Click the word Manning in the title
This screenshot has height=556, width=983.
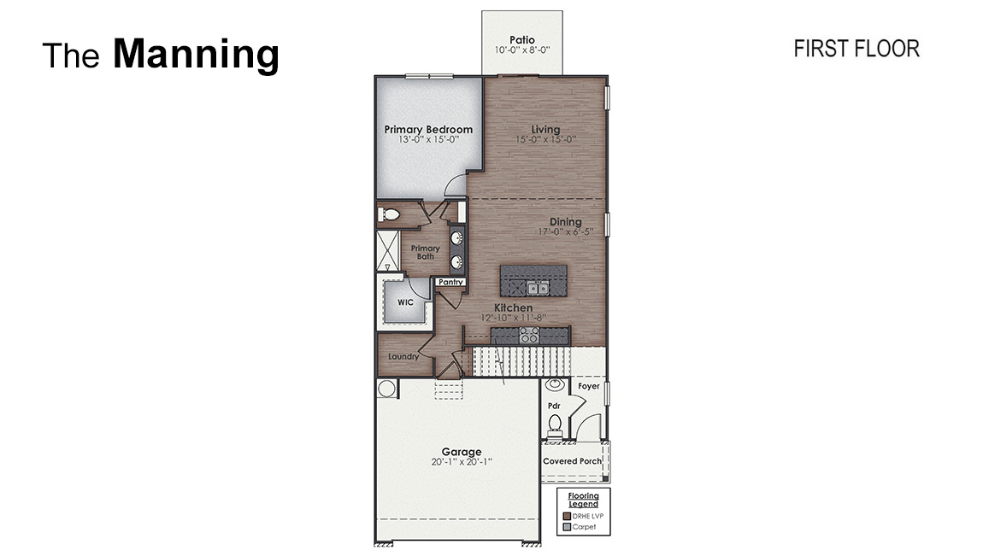(196, 55)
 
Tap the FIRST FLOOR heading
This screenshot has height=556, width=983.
(856, 49)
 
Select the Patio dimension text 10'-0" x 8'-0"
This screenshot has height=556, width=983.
(521, 50)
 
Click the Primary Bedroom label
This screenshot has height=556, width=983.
(428, 130)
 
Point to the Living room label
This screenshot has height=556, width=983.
(545, 130)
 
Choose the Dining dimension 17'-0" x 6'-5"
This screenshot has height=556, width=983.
(565, 231)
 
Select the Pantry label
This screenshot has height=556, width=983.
(450, 282)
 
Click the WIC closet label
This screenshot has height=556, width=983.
(404, 301)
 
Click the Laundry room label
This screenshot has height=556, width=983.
(403, 356)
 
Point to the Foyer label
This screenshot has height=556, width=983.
(588, 386)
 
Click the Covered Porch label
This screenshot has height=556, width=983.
(572, 461)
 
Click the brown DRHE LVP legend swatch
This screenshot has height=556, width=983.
(566, 516)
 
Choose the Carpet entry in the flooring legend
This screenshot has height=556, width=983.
(585, 527)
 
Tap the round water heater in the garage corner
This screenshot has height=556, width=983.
(386, 389)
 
